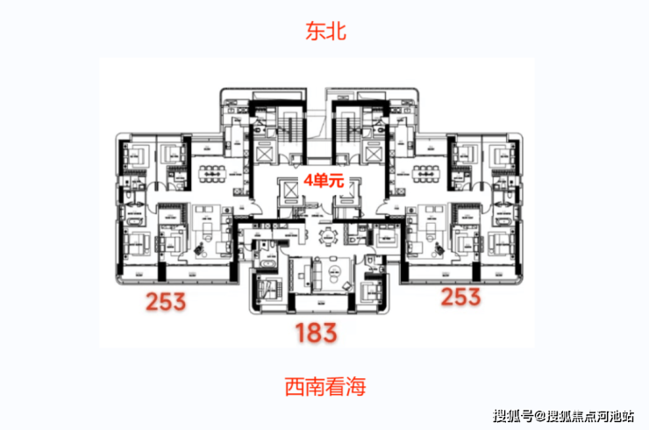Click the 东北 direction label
click(x=325, y=32)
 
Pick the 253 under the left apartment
click(x=166, y=301)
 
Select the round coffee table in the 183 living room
click(x=334, y=271)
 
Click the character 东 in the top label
click(x=315, y=32)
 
